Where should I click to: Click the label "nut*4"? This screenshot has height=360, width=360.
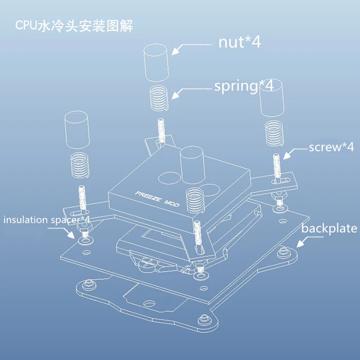tap(240, 42)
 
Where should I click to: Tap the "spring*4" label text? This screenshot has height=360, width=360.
tap(244, 86)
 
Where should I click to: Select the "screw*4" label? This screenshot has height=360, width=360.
tap(331, 147)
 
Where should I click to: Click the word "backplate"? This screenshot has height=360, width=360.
tap(329, 228)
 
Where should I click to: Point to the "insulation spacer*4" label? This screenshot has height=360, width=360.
tap(47, 220)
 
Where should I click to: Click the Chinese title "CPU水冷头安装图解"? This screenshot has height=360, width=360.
tap(74, 26)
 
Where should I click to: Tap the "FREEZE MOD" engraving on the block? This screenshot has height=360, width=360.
tap(157, 199)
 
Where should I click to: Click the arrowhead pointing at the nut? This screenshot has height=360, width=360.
tap(176, 51)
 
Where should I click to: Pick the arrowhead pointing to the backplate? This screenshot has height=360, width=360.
tap(300, 244)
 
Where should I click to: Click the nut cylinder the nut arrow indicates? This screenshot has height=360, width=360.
tap(156, 62)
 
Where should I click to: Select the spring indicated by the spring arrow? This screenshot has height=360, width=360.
tap(159, 98)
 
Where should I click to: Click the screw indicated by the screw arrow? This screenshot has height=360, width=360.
tap(277, 168)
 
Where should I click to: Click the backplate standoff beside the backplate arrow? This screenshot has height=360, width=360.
tap(284, 253)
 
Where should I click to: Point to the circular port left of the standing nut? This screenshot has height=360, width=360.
tap(170, 178)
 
